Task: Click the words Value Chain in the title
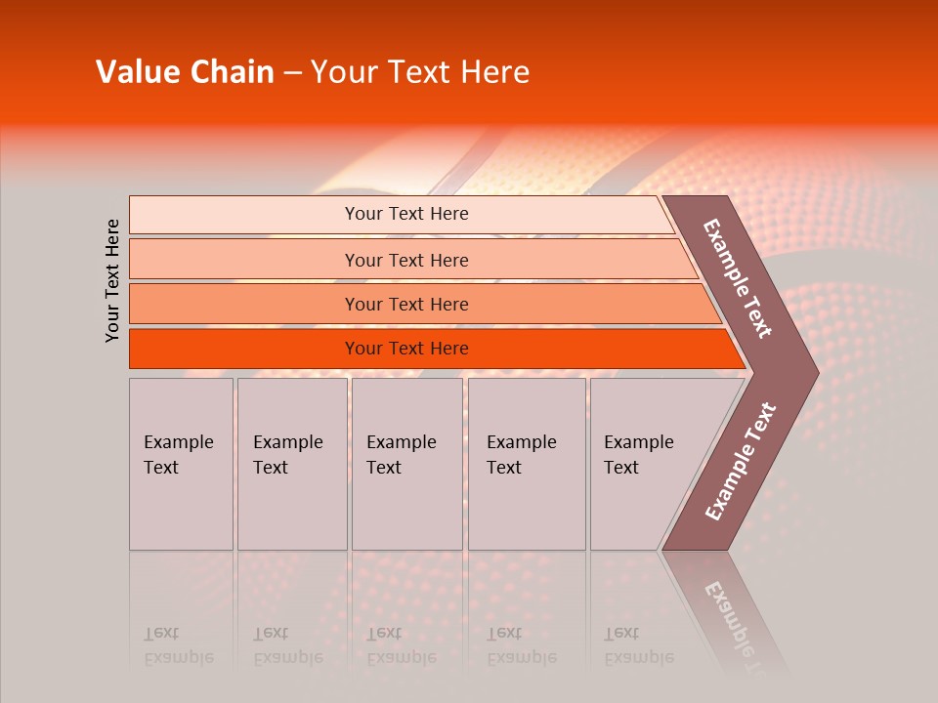tap(185, 72)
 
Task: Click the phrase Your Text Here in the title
tap(420, 72)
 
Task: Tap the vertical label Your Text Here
tap(112, 280)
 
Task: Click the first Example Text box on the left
tap(181, 465)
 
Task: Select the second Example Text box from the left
tap(292, 465)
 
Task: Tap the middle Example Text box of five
tap(406, 465)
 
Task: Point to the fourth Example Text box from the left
tap(527, 465)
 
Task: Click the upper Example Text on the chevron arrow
tap(738, 278)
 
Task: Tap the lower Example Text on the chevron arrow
tap(740, 461)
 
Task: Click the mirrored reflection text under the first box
tap(178, 645)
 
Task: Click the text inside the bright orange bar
tap(406, 349)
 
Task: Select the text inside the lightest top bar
tap(406, 214)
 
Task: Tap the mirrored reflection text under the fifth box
tap(638, 645)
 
